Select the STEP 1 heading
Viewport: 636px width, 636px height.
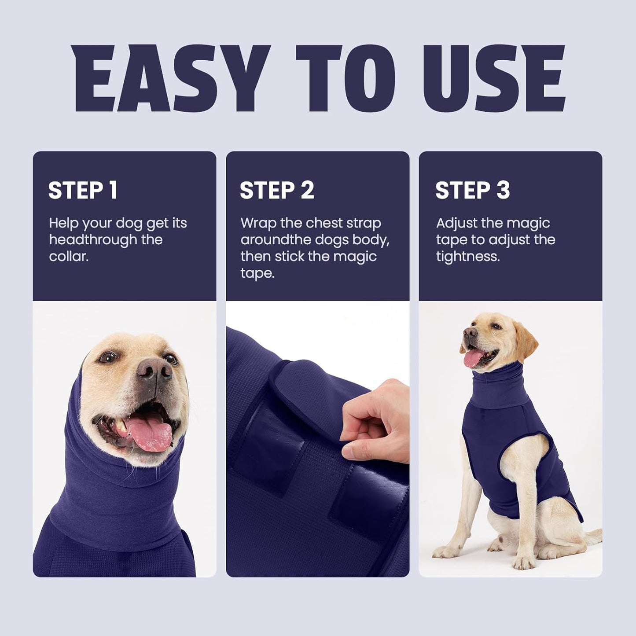coord(83,190)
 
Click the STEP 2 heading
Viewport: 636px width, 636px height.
coord(277,190)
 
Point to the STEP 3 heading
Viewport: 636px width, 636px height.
coord(472,190)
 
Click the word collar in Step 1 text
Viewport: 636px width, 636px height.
coord(68,256)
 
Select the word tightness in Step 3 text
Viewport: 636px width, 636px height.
coord(467,256)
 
